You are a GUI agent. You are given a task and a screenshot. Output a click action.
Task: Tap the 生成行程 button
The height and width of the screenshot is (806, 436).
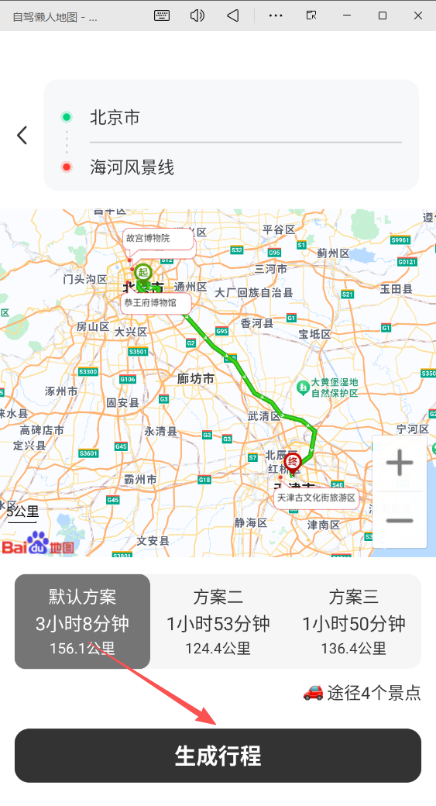click(x=218, y=756)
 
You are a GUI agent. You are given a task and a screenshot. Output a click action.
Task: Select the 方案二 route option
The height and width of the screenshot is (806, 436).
click(x=218, y=622)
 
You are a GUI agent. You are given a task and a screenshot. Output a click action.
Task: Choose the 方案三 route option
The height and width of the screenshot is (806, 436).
click(x=353, y=622)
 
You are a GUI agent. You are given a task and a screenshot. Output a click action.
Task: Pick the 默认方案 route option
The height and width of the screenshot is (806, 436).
click(x=82, y=622)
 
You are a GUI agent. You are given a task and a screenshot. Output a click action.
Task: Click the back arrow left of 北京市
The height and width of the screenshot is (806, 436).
click(x=22, y=135)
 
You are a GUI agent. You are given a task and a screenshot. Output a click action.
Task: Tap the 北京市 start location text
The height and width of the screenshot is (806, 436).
click(x=115, y=118)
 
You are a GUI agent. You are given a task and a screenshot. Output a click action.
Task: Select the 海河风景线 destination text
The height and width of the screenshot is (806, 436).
click(x=132, y=167)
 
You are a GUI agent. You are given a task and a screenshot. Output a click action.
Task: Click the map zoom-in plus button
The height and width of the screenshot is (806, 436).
click(x=400, y=464)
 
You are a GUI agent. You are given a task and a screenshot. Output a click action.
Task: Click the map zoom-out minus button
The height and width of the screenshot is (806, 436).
click(x=400, y=520)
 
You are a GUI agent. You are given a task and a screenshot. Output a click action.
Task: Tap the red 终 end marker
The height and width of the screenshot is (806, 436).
click(x=293, y=461)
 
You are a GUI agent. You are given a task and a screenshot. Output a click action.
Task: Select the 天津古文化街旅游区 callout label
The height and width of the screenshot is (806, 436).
click(x=316, y=498)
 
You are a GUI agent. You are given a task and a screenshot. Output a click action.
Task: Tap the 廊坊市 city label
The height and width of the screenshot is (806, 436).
click(x=195, y=379)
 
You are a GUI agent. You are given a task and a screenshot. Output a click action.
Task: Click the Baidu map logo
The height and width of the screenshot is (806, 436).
click(x=39, y=544)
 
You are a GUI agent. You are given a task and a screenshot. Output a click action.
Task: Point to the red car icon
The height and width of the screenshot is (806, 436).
click(x=313, y=693)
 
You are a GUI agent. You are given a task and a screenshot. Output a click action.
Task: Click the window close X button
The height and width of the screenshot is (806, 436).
click(x=418, y=15)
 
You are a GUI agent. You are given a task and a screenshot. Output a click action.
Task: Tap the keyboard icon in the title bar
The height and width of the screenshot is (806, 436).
click(x=162, y=15)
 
